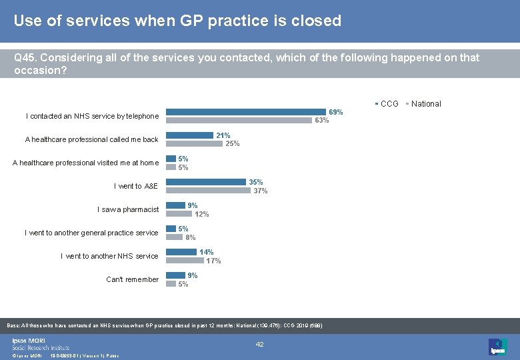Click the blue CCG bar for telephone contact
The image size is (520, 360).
pyautogui.click(x=246, y=112)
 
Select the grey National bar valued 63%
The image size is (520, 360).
pyautogui.click(x=239, y=121)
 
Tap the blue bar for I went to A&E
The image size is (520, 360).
pyautogui.click(x=206, y=182)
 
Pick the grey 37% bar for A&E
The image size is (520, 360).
pyautogui.click(x=209, y=191)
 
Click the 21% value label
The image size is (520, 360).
pyautogui.click(x=223, y=135)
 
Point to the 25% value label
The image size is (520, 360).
pyautogui.click(x=233, y=144)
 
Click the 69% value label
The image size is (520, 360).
pyautogui.click(x=336, y=112)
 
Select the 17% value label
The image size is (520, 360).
pyautogui.click(x=213, y=261)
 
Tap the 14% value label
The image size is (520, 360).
pyautogui.click(x=207, y=252)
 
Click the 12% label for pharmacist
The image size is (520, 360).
pyautogui.click(x=201, y=214)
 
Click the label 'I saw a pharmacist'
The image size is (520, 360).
pyautogui.click(x=128, y=209)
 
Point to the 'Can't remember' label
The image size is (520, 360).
pyautogui.click(x=132, y=279)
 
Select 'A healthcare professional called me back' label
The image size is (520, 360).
pyautogui.click(x=91, y=139)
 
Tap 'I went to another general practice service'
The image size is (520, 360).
pyautogui.click(x=91, y=233)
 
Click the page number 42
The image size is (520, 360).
pyautogui.click(x=260, y=344)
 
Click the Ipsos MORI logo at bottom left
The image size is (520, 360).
pyautogui.click(x=40, y=344)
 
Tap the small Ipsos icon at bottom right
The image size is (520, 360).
pyautogui.click(x=497, y=346)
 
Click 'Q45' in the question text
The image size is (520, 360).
pyautogui.click(x=25, y=58)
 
